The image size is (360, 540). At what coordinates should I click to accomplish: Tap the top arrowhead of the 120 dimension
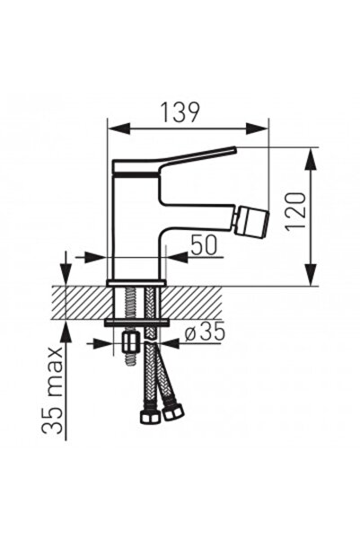[311, 155]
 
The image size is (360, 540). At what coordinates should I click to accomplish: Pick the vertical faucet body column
[135, 225]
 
